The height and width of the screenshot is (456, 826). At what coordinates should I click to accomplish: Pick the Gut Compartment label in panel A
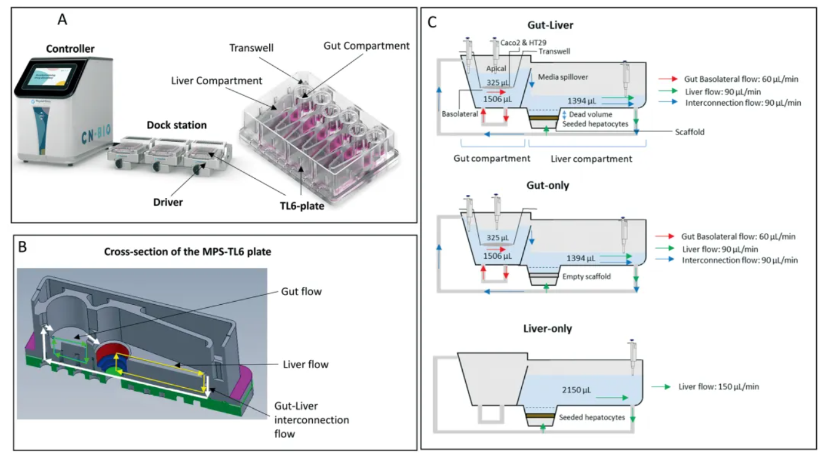(x=367, y=45)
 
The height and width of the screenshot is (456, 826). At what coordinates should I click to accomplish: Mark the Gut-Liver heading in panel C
(x=551, y=26)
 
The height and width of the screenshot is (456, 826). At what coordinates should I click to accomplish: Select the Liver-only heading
(x=549, y=328)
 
